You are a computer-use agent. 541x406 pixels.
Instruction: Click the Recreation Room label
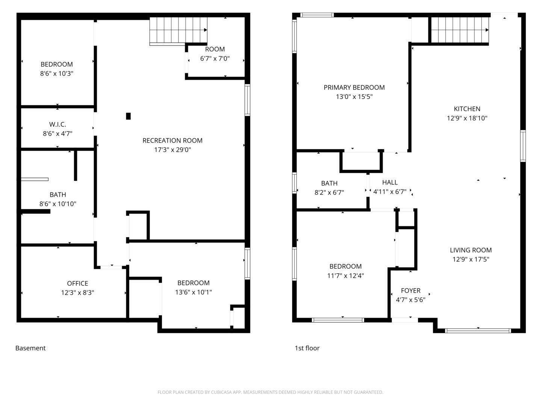172,141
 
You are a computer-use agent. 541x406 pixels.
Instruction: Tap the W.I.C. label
57,124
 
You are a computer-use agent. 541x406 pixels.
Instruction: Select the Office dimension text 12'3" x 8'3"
77,292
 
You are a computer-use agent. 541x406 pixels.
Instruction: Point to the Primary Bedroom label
354,88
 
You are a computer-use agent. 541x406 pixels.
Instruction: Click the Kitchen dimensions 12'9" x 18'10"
467,118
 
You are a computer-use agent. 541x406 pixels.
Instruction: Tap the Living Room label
470,250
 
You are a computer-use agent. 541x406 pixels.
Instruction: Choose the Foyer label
411,291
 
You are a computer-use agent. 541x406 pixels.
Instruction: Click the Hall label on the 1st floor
390,182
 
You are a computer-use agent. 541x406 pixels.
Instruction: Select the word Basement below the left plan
30,348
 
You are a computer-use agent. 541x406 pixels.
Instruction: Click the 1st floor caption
307,348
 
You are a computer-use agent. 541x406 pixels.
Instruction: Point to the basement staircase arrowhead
206,30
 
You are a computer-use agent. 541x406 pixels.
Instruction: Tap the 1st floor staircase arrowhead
487,30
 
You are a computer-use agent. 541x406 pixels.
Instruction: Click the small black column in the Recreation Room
128,116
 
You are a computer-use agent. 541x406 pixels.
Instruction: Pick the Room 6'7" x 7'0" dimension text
215,58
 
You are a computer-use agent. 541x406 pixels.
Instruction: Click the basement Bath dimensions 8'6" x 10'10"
58,204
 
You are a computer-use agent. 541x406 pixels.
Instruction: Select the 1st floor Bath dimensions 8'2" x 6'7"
329,192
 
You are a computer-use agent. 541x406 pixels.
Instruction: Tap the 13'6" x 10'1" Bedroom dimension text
193,292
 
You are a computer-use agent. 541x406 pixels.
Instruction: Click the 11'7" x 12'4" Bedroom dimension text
345,276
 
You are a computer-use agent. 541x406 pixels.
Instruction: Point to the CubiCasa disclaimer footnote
270,392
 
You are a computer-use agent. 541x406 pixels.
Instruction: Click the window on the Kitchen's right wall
523,146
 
